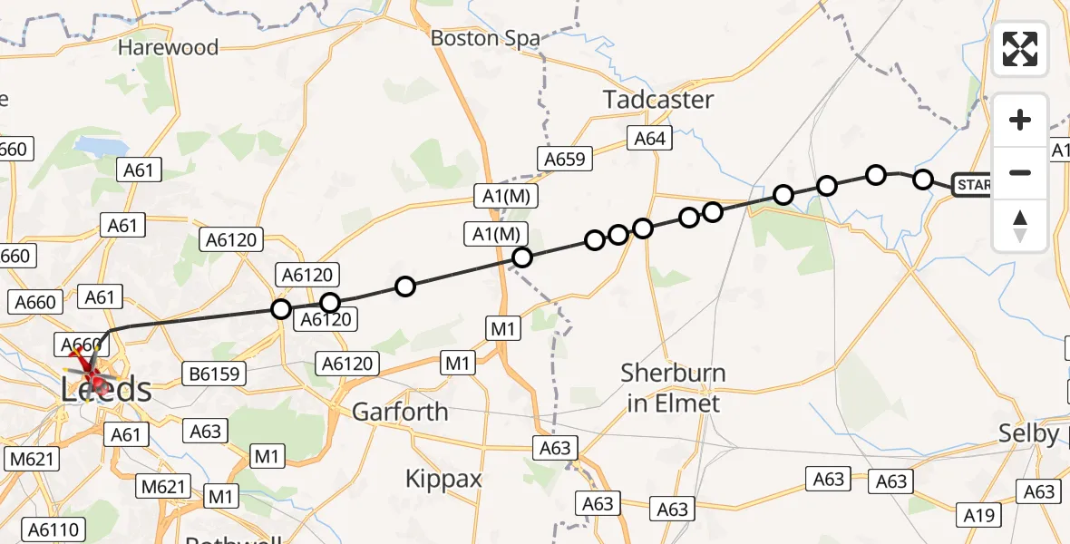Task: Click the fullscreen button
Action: (1020, 49)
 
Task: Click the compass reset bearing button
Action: (1020, 226)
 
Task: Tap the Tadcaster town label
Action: (659, 100)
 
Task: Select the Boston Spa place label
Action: (485, 39)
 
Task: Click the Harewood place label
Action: (169, 47)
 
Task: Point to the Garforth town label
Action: (400, 412)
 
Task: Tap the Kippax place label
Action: (443, 479)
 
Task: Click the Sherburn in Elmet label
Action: (674, 388)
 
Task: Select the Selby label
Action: (1030, 433)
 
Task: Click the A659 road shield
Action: (567, 160)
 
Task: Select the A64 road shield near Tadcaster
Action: (649, 139)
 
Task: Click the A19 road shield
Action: (979, 516)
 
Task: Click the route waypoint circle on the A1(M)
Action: (522, 257)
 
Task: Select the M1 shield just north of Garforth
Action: (459, 364)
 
